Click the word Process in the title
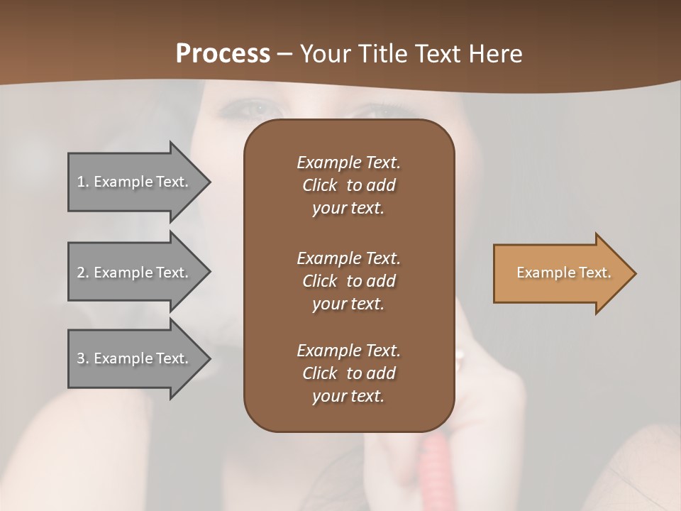point(223,54)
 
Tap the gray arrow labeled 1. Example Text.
point(135,182)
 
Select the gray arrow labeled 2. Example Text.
point(135,273)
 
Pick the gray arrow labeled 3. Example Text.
point(135,358)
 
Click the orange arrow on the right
point(560,273)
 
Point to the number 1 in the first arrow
point(81,182)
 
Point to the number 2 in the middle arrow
point(81,273)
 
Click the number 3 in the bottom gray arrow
point(81,358)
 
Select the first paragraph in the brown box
point(348,185)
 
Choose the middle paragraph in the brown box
point(348,280)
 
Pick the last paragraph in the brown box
point(348,373)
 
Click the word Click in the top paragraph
point(320,185)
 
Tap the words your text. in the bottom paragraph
point(348,397)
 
